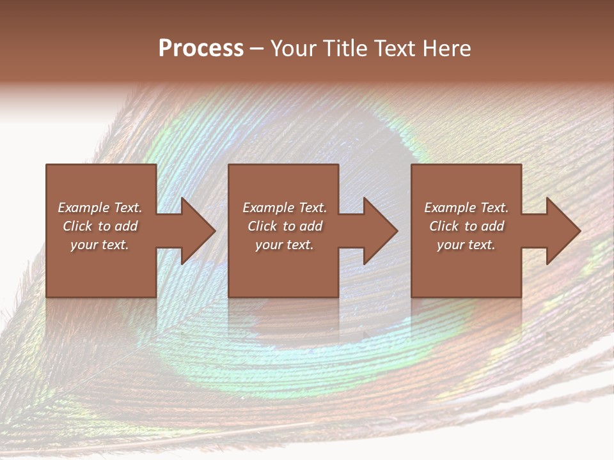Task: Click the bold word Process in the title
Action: pos(201,48)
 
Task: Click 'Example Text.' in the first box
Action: pos(100,208)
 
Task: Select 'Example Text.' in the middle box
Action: pos(285,208)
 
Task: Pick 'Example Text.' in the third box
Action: pos(466,208)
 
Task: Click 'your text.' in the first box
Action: pos(100,245)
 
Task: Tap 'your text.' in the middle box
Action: pos(285,245)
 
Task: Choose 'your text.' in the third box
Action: pos(466,245)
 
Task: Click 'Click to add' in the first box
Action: pos(100,226)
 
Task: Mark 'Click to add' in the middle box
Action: pos(285,226)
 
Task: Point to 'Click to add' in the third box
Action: pos(466,226)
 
